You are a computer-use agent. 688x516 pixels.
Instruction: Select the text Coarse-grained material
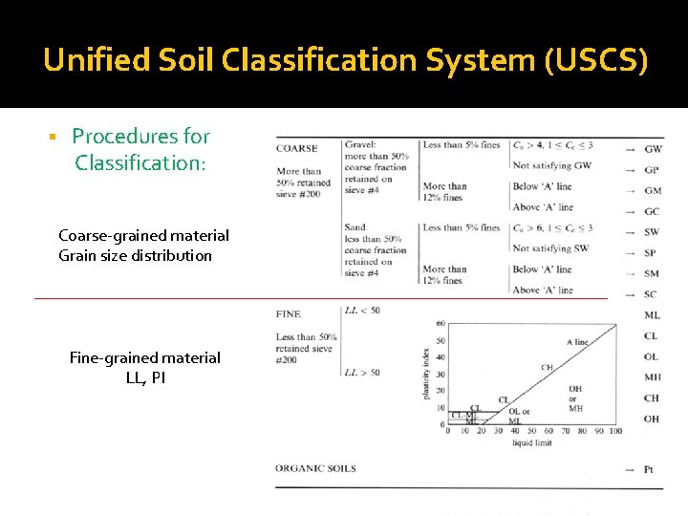tap(143, 235)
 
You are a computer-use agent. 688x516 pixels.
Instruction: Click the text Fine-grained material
tap(144, 357)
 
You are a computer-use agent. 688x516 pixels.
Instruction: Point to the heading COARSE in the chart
tap(296, 148)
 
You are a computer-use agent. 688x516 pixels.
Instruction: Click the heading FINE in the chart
tap(288, 313)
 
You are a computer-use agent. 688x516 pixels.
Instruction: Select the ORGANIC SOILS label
tap(315, 468)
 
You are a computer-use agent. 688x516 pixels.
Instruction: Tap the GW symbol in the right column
tap(653, 149)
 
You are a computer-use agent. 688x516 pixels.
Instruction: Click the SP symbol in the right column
tap(652, 253)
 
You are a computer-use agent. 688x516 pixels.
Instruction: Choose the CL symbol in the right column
tap(651, 336)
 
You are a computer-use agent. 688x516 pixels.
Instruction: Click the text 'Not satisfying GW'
tap(552, 165)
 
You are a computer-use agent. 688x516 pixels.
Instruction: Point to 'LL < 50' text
tap(362, 311)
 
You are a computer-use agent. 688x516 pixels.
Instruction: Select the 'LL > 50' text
tap(362, 372)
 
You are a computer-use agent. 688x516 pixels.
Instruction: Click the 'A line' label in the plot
tap(577, 342)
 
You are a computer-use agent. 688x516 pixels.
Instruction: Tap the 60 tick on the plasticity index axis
tap(441, 323)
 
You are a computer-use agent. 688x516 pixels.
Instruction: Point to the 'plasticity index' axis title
tap(425, 374)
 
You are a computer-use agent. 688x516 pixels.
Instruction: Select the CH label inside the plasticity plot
tap(547, 367)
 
